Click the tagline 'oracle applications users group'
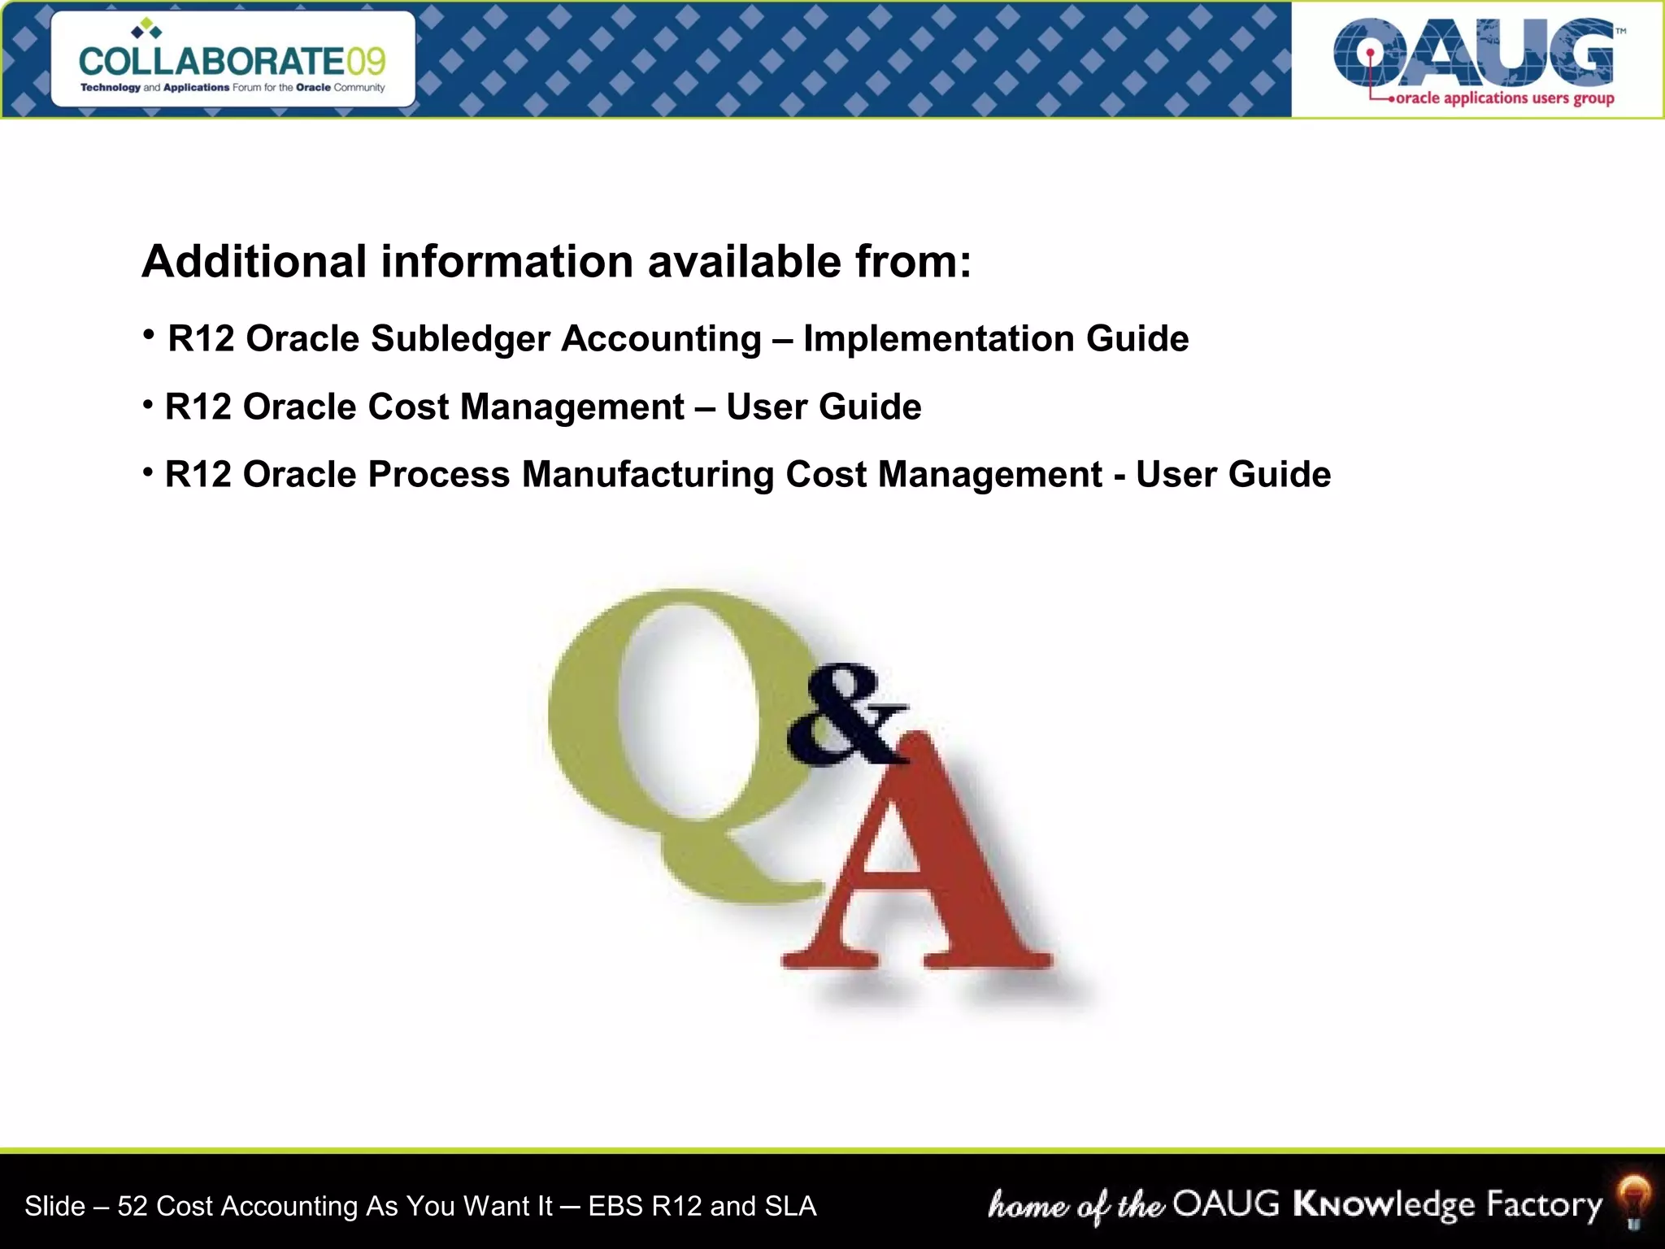pos(1504,98)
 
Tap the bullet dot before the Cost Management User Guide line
pos(148,404)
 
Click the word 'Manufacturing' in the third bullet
pos(648,475)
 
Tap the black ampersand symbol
pos(846,716)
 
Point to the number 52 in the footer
pos(133,1206)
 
